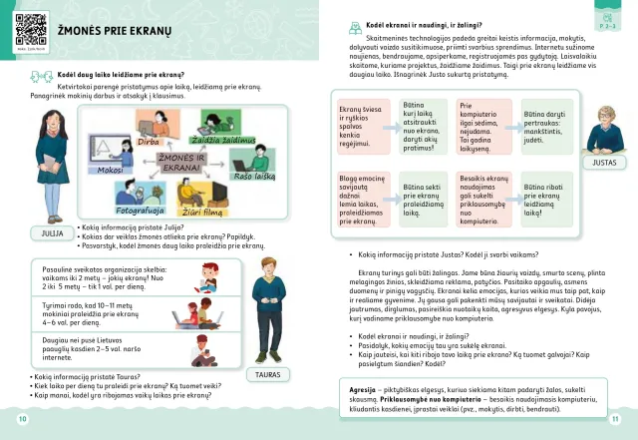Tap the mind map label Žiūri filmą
[198, 212]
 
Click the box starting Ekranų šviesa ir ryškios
[362, 127]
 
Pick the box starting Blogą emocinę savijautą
[362, 200]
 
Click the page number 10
[22, 419]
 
